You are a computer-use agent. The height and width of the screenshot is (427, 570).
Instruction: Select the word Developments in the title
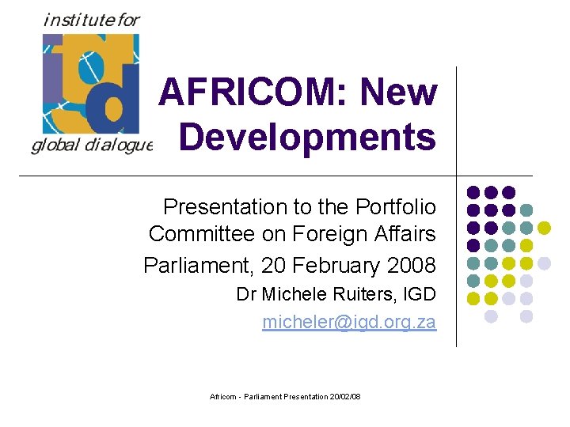pos(307,137)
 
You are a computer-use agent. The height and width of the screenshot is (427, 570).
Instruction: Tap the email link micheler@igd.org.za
pos(349,323)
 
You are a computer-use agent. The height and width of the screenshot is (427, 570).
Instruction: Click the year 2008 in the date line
pos(412,263)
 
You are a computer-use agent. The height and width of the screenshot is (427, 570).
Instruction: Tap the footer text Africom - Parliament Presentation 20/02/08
pos(285,396)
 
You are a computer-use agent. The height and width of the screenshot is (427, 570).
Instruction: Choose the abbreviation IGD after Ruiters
pos(420,295)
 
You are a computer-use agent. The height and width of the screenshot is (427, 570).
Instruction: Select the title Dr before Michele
pos(246,295)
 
